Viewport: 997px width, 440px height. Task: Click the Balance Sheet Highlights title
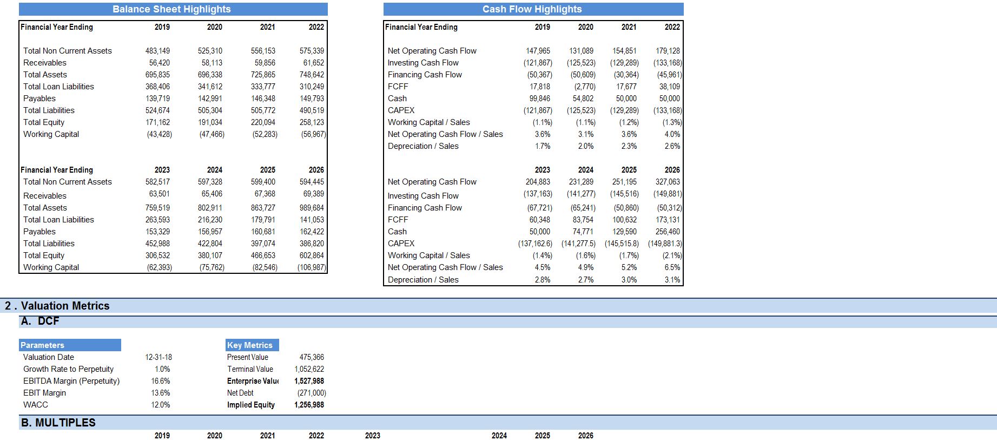(x=171, y=9)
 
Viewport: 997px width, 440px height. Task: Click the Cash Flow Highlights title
(x=532, y=9)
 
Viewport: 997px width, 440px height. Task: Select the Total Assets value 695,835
(x=157, y=75)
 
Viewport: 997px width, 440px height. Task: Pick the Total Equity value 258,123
(x=312, y=122)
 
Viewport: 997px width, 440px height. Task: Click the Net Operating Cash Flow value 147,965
(x=538, y=51)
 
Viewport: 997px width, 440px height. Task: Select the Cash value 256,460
(x=668, y=232)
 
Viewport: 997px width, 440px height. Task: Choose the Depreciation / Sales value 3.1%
(x=672, y=280)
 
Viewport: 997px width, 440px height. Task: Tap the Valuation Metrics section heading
(x=57, y=306)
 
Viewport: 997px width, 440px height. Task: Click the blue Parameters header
(x=70, y=345)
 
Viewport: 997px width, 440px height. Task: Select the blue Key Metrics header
(x=252, y=345)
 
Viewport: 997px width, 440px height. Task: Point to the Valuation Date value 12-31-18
(x=159, y=357)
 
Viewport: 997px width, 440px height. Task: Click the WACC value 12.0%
(x=161, y=405)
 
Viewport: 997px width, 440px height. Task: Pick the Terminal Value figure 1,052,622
(x=309, y=369)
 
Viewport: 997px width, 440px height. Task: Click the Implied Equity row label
(x=251, y=405)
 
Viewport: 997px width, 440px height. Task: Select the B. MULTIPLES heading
(x=58, y=423)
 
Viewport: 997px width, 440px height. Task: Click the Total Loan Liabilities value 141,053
(x=312, y=220)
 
